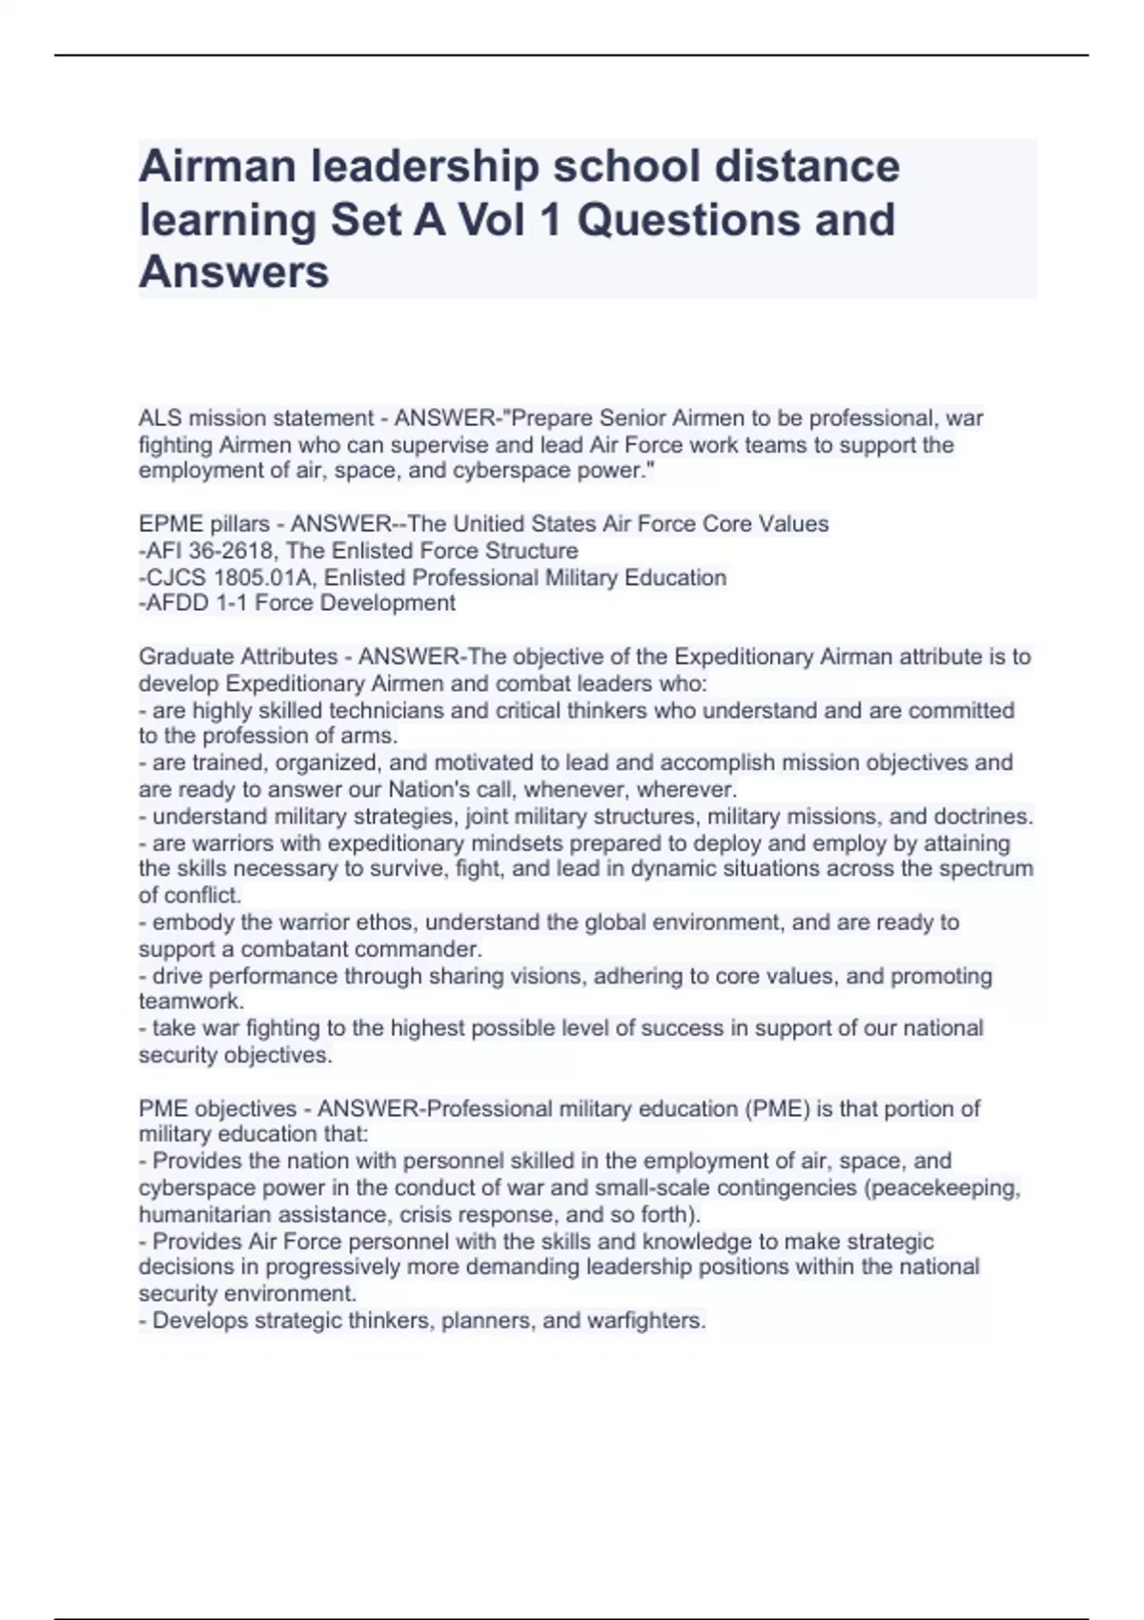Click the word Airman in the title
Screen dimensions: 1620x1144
pos(217,167)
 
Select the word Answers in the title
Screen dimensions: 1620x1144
pos(234,272)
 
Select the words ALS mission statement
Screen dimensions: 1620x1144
pos(255,418)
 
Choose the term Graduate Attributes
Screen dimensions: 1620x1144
pos(238,657)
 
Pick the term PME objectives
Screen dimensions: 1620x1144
pos(217,1108)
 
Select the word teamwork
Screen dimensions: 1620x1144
pos(190,1002)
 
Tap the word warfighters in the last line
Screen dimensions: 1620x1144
pos(643,1321)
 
